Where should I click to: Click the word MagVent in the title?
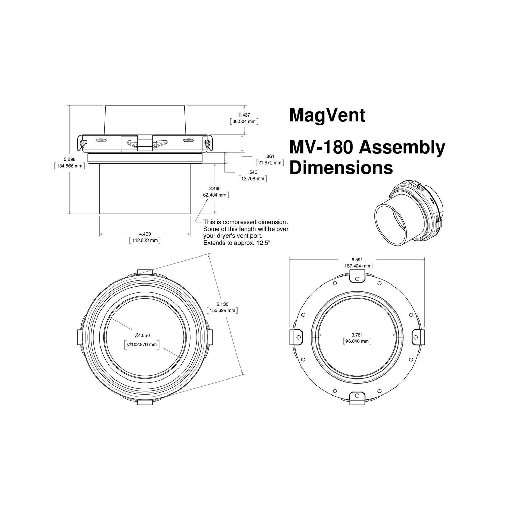click(327, 115)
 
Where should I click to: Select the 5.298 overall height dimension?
click(69, 159)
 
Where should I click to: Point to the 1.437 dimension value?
click(244, 115)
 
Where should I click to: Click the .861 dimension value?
click(270, 156)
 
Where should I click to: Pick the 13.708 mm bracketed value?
click(252, 179)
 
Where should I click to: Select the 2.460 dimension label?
click(215, 188)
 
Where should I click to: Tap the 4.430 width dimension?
click(145, 234)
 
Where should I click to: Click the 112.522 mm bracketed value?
click(145, 241)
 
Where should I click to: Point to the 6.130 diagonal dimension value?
click(222, 304)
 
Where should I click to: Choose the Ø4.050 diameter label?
click(142, 335)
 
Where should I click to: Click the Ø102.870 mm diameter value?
click(142, 344)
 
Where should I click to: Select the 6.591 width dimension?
click(357, 260)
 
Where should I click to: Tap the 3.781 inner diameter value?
click(357, 335)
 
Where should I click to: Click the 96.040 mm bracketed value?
click(357, 341)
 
